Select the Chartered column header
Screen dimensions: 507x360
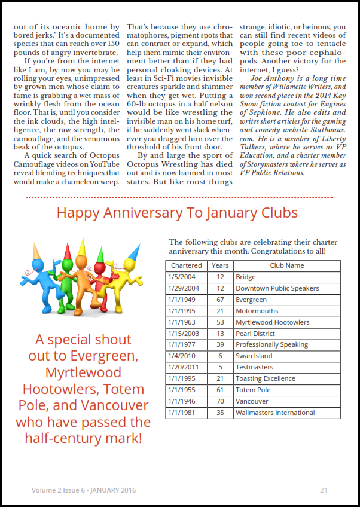[x=186, y=265]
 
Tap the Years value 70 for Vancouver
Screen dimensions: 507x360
[x=220, y=401]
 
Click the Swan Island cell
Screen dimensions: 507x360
[x=254, y=356]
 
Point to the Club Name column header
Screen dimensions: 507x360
[x=286, y=265]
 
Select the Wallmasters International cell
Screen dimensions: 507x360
[x=275, y=413]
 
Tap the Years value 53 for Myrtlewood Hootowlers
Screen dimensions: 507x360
[x=220, y=322]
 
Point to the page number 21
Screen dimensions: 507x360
[x=324, y=490]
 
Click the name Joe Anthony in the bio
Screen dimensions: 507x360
[x=273, y=78]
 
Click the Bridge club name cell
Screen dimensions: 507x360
[x=246, y=277]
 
